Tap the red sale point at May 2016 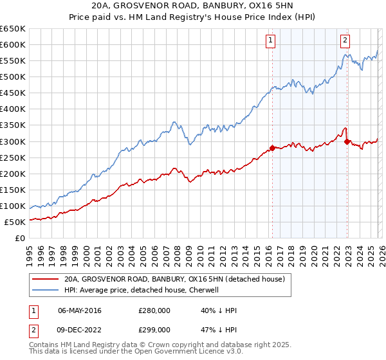271,147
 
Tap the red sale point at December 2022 347,141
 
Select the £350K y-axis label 13,125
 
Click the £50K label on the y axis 15,222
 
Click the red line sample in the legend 46,280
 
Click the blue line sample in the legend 46,291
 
